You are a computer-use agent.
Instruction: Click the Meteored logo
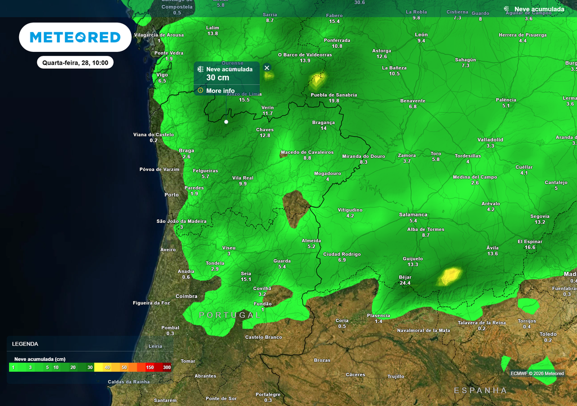(x=75, y=37)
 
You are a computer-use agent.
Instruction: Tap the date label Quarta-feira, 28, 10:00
(x=76, y=63)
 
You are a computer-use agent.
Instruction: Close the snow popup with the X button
(x=267, y=68)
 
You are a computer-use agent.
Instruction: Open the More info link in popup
(x=220, y=91)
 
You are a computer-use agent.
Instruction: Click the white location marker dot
(x=227, y=121)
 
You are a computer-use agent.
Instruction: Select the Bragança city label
(x=323, y=122)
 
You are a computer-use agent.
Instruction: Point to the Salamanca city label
(x=413, y=215)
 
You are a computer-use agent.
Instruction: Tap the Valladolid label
(x=490, y=139)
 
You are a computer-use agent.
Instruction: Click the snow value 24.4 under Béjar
(x=405, y=283)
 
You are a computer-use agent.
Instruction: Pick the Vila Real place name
(x=243, y=178)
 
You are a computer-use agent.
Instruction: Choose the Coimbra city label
(x=187, y=296)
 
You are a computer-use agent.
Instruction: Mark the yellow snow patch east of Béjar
(x=450, y=276)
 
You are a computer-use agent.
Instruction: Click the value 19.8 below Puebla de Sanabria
(x=334, y=101)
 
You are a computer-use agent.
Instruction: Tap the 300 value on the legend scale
(x=167, y=367)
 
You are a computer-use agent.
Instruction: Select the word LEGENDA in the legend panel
(x=25, y=343)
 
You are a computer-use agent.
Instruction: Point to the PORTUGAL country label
(x=230, y=315)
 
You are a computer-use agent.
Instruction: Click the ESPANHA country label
(x=480, y=390)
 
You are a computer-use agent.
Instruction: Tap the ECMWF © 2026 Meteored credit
(x=537, y=373)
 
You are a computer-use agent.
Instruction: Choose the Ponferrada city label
(x=337, y=40)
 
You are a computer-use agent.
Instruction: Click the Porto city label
(x=171, y=195)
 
